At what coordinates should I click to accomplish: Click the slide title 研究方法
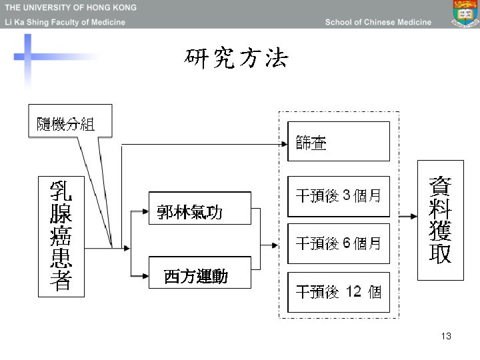pos(237,59)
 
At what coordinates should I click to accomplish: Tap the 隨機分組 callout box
pos(65,123)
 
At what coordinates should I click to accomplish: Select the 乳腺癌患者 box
pos(61,236)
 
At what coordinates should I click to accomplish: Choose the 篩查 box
pos(338,141)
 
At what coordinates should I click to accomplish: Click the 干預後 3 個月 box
pos(338,196)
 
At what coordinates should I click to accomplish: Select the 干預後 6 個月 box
pos(338,243)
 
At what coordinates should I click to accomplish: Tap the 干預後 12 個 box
pos(338,292)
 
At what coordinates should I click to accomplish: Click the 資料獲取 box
pos(440,220)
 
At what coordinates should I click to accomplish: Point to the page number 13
pos(446,336)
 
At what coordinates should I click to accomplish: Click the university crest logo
pos(464,13)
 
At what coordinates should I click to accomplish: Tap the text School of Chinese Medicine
pos(378,22)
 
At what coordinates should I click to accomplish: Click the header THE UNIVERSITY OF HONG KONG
pos(71,8)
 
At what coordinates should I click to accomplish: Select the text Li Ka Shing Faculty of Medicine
pos(65,22)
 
